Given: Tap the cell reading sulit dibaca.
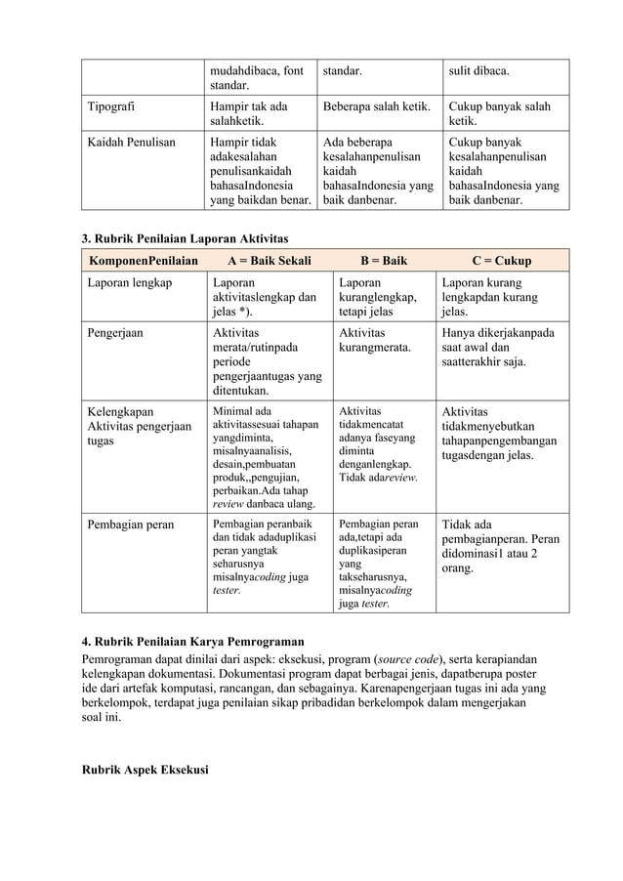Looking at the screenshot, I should [478, 71].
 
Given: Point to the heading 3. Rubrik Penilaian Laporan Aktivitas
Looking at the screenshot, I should [184, 238].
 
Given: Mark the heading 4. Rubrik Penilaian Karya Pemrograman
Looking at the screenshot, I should [191, 642].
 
